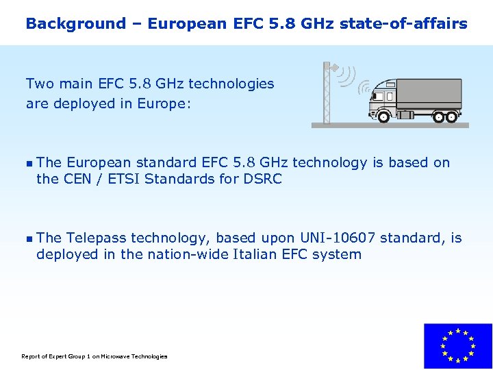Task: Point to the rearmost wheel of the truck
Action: (451, 116)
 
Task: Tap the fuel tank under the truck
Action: (406, 114)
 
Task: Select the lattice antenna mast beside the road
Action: (327, 96)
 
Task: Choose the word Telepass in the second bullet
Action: (97, 238)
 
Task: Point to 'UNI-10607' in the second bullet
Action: (338, 238)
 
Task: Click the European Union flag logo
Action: (457, 346)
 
